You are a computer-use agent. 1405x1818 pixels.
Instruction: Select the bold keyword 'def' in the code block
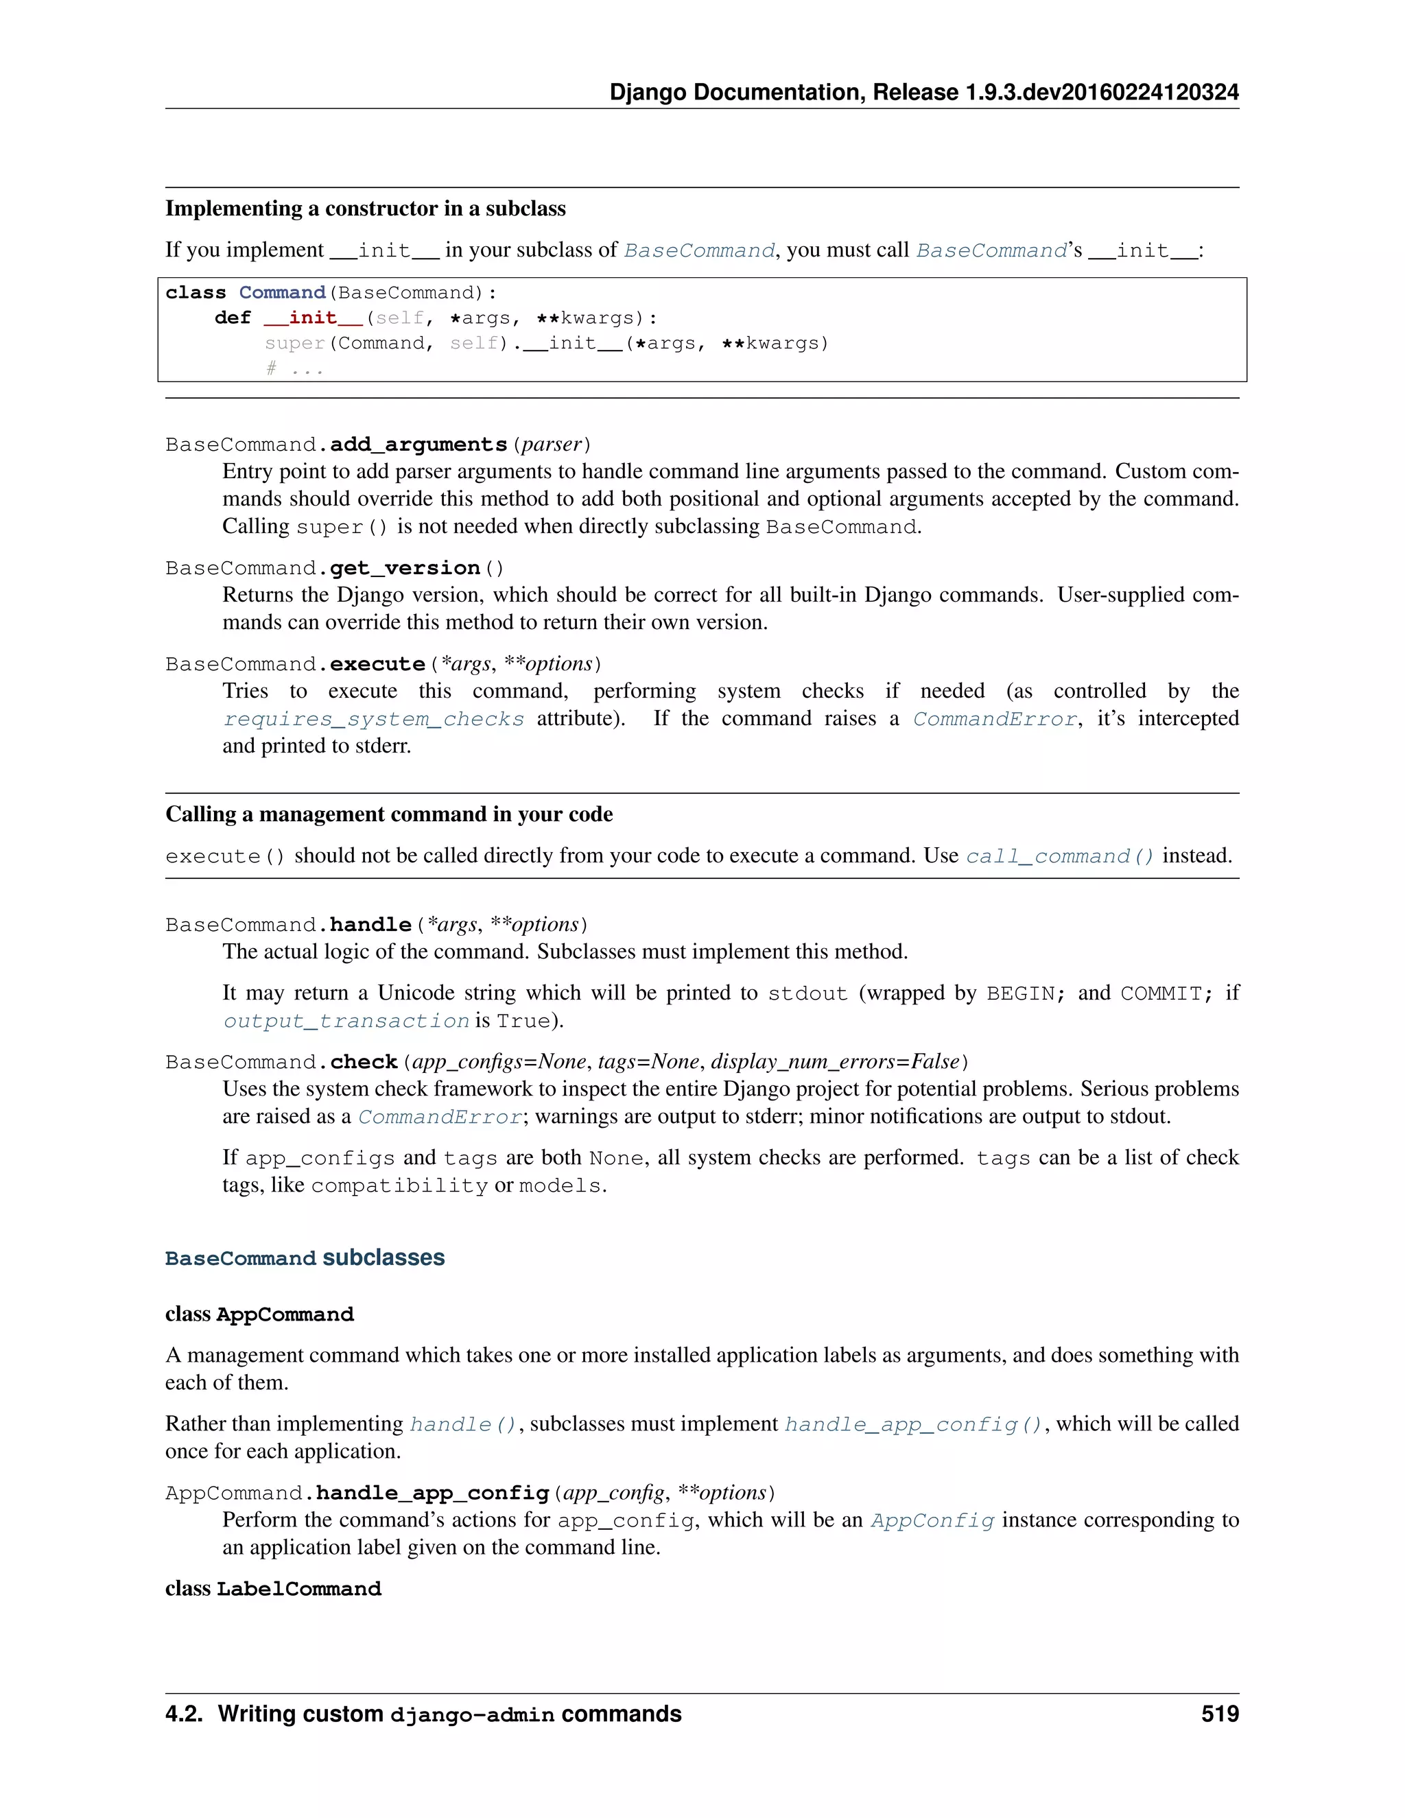[233, 318]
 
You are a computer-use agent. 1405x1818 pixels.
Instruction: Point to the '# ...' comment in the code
[294, 369]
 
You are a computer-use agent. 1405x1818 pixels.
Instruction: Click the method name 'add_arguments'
[418, 445]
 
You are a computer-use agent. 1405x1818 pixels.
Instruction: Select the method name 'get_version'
[405, 569]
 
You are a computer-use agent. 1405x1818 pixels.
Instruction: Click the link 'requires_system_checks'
[374, 719]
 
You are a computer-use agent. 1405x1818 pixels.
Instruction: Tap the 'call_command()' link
[1059, 857]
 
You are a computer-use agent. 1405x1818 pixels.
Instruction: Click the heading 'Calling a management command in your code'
[389, 814]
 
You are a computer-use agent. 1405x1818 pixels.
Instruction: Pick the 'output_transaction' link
[346, 1022]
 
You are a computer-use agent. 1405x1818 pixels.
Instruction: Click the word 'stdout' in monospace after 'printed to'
[807, 994]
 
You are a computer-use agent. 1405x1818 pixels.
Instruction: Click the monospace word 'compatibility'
[399, 1186]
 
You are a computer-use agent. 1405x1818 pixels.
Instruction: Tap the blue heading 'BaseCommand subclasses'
[305, 1258]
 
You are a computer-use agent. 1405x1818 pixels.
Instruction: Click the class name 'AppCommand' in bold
[285, 1315]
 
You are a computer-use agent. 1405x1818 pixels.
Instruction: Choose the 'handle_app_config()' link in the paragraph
[913, 1425]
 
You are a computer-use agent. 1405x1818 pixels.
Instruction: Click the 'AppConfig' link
[932, 1522]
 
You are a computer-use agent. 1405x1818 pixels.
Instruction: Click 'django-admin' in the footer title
[472, 1715]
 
